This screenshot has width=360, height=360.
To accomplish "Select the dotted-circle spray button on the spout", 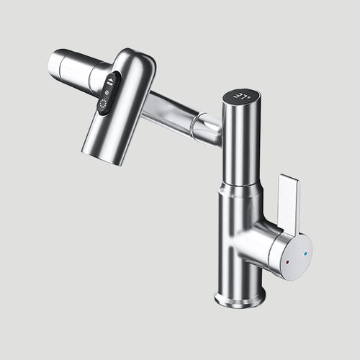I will pos(104,106).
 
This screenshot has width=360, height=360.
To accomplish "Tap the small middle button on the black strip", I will pos(108,92).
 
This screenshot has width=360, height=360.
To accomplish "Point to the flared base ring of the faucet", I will pos(240,294).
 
